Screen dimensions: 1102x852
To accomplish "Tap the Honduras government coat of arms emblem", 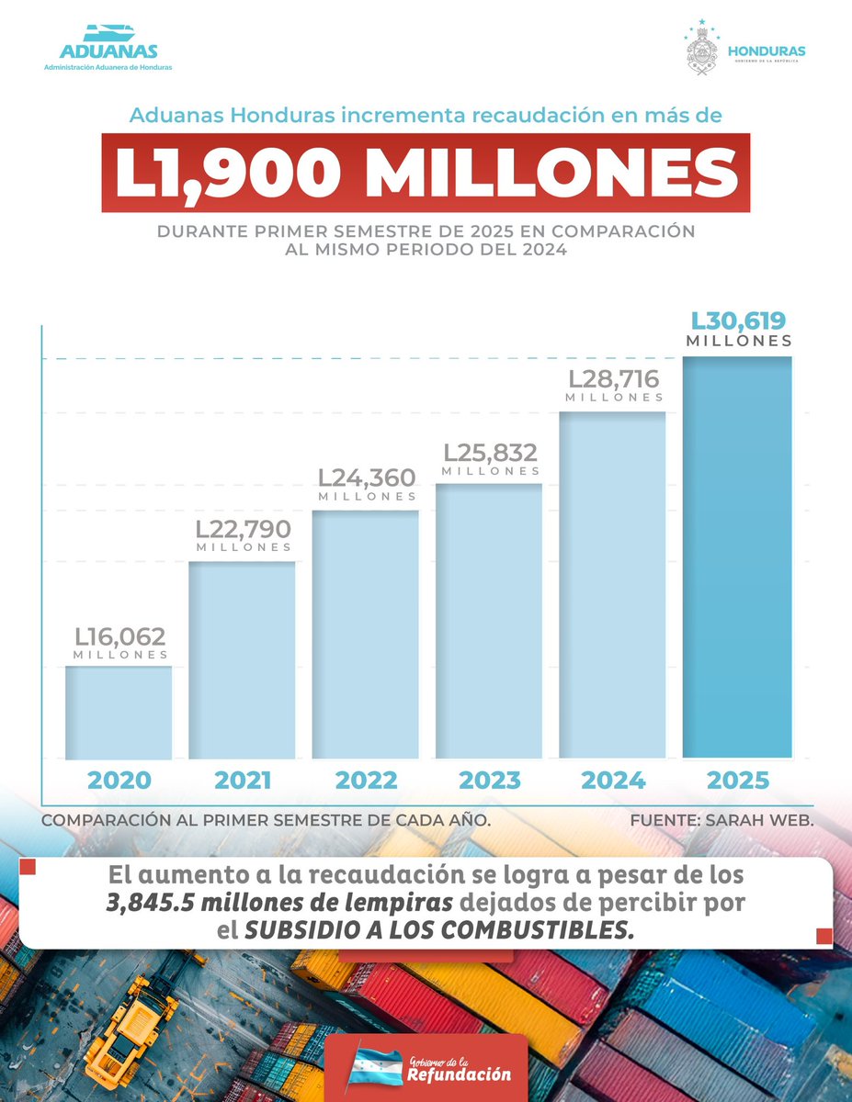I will [x=702, y=50].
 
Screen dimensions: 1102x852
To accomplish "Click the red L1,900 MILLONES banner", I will [x=426, y=173].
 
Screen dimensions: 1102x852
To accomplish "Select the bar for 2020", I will [x=119, y=712].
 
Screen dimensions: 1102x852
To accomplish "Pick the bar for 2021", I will [x=243, y=659].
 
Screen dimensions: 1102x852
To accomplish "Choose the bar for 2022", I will [x=366, y=634].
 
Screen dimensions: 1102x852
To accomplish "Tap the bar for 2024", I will [x=613, y=585].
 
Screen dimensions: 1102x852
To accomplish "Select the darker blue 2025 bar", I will [x=737, y=557].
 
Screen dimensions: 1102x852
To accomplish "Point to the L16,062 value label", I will [x=120, y=636].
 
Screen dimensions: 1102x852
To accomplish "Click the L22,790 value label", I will [x=244, y=530].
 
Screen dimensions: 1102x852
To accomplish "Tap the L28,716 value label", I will [x=614, y=379].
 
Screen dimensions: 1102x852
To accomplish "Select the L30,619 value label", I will [x=739, y=321].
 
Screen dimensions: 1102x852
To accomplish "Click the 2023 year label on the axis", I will [x=490, y=781].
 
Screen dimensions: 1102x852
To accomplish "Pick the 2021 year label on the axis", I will [x=243, y=781].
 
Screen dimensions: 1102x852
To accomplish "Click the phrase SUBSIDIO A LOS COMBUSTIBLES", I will [x=439, y=929].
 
